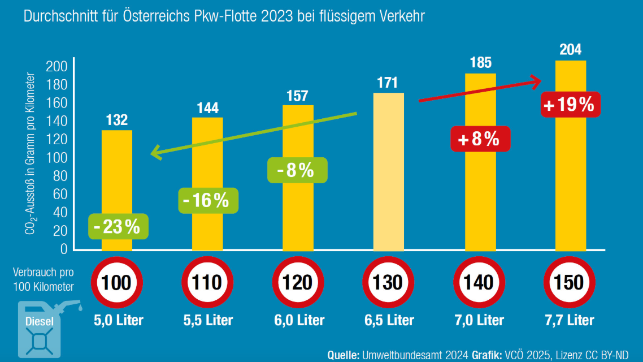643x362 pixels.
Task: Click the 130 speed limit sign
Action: (x=389, y=282)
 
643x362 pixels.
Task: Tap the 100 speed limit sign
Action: (x=116, y=282)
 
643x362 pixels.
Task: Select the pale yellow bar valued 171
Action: (x=389, y=170)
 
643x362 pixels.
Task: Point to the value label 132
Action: (x=116, y=120)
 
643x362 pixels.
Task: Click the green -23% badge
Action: (x=117, y=227)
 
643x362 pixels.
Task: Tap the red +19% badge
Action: (x=570, y=104)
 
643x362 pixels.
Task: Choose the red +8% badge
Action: (x=479, y=139)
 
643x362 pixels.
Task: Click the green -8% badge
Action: (x=297, y=170)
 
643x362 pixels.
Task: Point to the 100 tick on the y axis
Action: (x=60, y=157)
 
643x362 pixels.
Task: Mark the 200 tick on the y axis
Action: (x=60, y=67)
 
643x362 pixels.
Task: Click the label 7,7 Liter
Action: (x=570, y=320)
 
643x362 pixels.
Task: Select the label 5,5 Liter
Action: (x=208, y=320)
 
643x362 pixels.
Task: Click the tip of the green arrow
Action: (x=151, y=153)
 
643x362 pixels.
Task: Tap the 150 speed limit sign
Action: (x=570, y=282)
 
